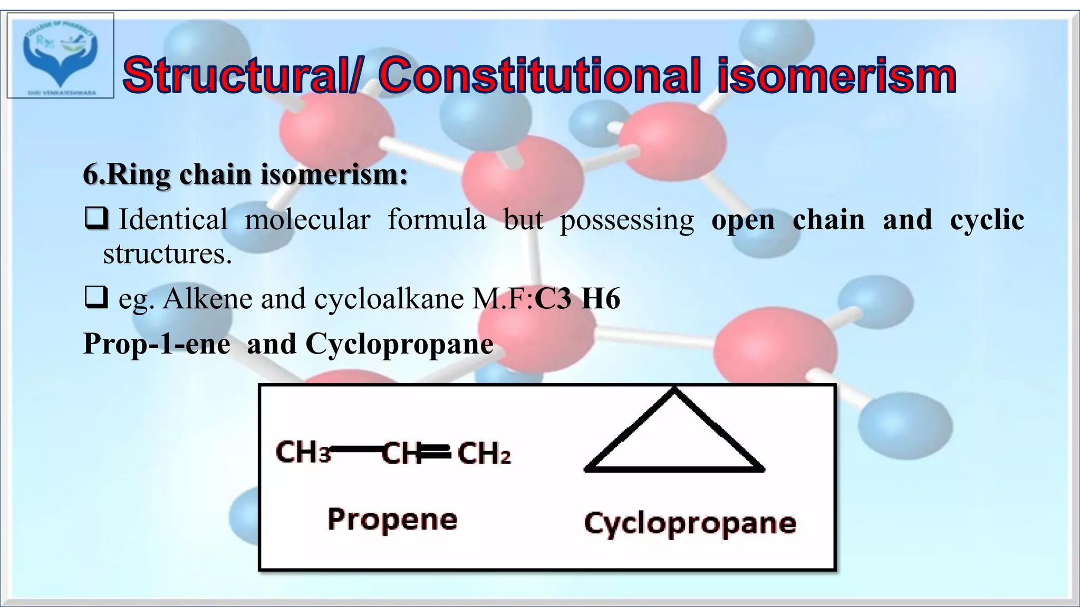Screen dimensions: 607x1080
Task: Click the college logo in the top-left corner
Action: point(60,55)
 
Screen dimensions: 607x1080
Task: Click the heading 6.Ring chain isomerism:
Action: point(245,174)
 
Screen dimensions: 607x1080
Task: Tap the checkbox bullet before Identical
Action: point(96,219)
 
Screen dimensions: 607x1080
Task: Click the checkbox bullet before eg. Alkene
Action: point(96,298)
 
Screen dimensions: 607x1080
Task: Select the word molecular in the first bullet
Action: point(307,219)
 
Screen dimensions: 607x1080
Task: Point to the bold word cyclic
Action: point(987,219)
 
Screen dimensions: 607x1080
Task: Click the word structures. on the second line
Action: point(167,254)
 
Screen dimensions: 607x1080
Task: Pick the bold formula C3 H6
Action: point(577,299)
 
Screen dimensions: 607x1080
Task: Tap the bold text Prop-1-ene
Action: point(157,344)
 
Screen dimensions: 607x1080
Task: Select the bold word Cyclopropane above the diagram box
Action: point(399,344)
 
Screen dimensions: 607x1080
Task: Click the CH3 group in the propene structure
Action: point(303,452)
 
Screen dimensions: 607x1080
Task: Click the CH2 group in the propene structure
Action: point(484,453)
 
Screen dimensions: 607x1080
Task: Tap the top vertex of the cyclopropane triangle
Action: point(674,390)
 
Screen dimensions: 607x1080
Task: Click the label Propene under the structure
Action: point(392,520)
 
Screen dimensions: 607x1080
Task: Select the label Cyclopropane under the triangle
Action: point(690,523)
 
